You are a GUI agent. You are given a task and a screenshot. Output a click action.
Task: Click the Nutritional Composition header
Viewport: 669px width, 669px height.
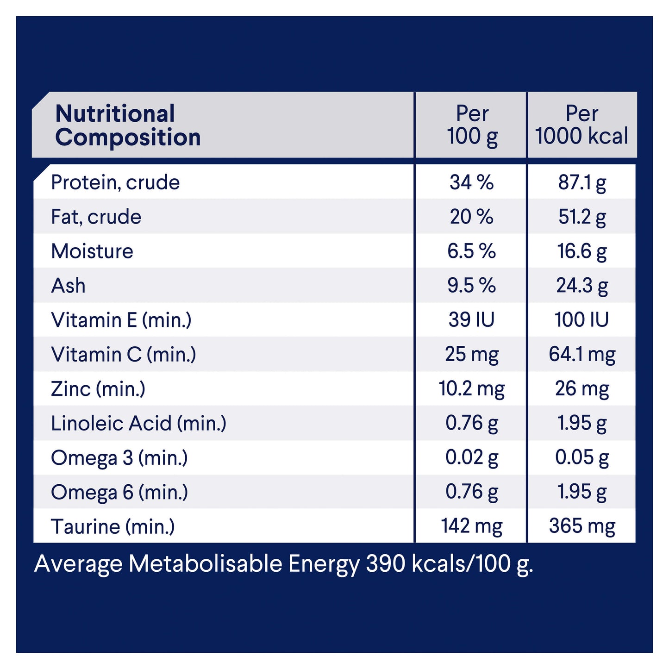pos(128,125)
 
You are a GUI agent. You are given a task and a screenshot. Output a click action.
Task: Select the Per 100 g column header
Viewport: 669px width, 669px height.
pos(472,125)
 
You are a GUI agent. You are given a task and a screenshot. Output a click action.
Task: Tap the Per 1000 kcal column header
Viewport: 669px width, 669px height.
pos(581,125)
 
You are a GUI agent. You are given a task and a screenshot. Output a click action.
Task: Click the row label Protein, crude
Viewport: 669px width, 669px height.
pos(115,182)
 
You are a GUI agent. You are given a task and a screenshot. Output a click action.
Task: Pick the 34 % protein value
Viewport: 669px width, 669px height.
pos(471,182)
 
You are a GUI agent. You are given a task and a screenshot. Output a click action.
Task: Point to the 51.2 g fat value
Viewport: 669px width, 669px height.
pos(582,217)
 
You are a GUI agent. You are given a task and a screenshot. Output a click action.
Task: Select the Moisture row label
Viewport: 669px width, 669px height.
pos(92,251)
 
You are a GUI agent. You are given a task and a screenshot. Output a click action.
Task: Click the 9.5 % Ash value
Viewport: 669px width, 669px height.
pos(471,286)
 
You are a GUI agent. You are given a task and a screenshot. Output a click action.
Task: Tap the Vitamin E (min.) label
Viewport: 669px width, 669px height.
pos(121,320)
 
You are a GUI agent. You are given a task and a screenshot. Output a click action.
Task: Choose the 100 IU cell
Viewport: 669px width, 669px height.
pos(581,320)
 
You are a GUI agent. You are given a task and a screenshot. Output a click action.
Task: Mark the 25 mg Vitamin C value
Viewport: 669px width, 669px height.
pos(472,355)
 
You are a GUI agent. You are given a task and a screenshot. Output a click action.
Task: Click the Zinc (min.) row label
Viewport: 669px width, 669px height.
pos(98,389)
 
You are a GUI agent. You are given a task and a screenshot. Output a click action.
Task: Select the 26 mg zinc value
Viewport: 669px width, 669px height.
pos(582,389)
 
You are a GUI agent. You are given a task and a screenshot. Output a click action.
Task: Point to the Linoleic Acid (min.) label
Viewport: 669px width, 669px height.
pos(138,423)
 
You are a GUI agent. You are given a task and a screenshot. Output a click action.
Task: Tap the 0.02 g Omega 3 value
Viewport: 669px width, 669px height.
pos(472,457)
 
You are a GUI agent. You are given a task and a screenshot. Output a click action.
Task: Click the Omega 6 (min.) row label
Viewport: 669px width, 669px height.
pos(119,492)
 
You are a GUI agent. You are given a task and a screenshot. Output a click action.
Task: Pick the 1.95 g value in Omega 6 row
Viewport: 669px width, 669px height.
pos(582,492)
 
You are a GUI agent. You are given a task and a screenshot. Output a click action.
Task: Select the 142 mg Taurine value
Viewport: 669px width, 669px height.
pos(472,526)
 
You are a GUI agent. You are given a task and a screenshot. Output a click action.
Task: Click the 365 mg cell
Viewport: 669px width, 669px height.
pos(582,526)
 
